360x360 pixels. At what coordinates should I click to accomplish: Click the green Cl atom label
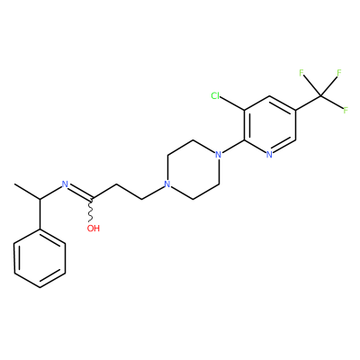click(215, 96)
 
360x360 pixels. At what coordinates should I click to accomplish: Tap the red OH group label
click(94, 229)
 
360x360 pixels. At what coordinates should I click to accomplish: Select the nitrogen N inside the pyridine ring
click(269, 155)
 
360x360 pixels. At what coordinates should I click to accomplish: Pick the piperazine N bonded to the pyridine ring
click(219, 155)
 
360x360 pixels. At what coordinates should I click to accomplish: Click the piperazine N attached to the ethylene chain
click(167, 184)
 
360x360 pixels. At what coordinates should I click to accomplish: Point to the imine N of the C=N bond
click(65, 184)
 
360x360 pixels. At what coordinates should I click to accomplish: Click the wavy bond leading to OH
click(91, 211)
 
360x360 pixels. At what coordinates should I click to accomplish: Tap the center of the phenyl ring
click(40, 258)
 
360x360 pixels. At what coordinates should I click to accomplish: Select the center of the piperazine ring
click(193, 169)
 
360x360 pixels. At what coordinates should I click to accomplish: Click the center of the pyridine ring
click(270, 125)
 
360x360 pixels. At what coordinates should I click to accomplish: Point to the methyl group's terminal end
click(14, 184)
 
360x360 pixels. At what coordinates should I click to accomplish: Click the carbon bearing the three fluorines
click(320, 96)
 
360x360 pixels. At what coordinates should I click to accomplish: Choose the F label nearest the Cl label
click(301, 73)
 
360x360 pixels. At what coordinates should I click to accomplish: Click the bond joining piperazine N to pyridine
click(233, 148)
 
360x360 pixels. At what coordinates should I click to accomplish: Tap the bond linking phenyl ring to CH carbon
click(40, 214)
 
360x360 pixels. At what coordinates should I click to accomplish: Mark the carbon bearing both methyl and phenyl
click(40, 199)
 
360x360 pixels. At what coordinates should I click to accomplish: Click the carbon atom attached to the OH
click(91, 199)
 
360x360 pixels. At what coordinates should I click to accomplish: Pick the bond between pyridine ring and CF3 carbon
click(308, 103)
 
